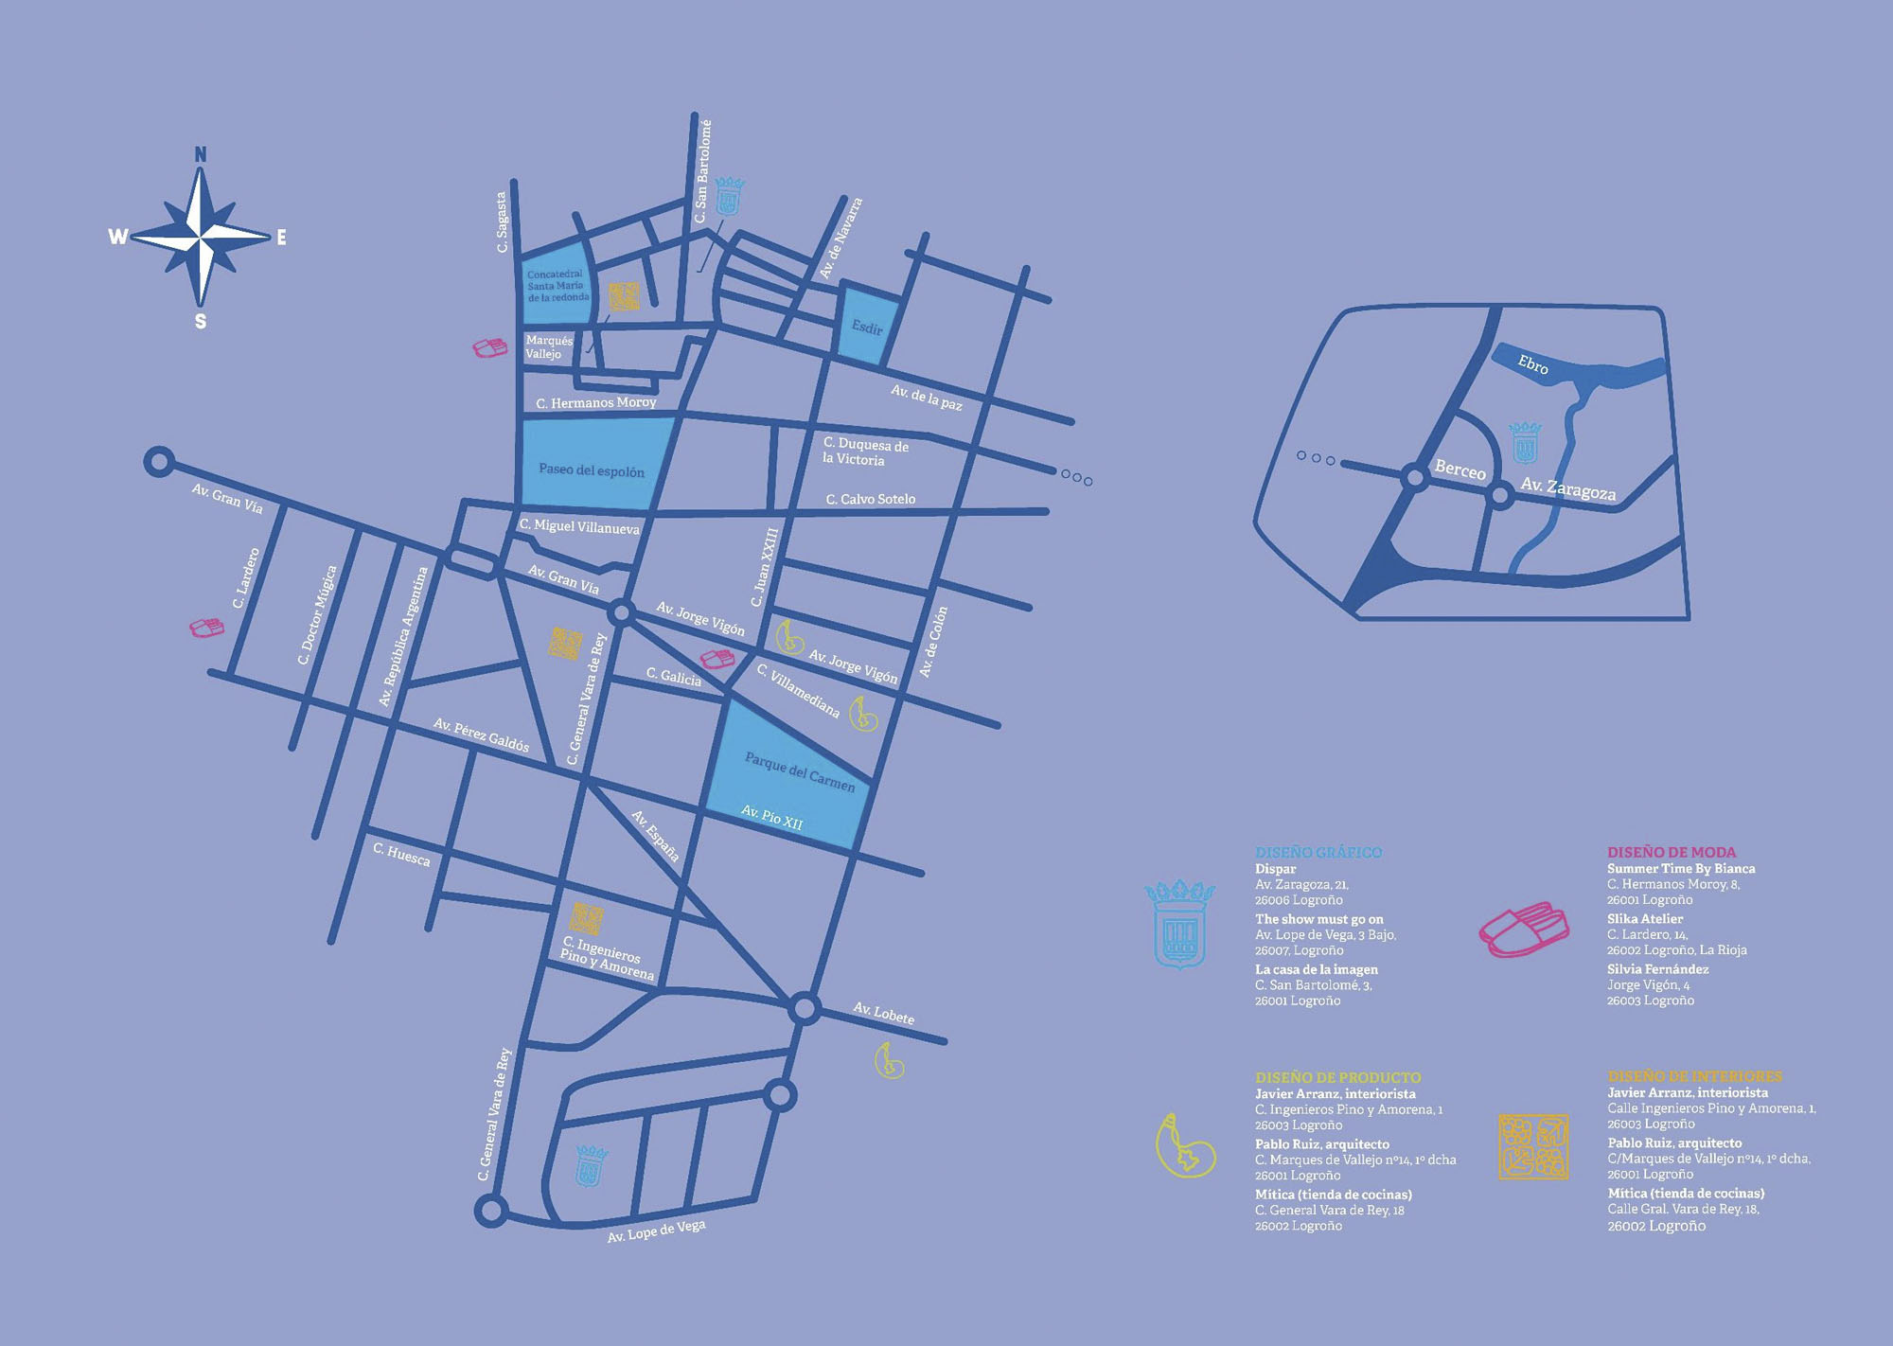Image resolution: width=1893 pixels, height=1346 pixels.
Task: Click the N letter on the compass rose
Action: pos(201,154)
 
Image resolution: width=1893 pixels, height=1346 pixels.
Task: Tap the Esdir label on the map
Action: pos(867,328)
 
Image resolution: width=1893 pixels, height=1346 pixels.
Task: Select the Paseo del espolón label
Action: pos(592,469)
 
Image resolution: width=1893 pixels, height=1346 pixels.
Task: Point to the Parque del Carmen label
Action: pos(800,771)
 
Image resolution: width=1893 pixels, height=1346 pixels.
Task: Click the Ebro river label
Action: pos(1532,364)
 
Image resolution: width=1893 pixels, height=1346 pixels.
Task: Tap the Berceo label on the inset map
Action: pos(1460,469)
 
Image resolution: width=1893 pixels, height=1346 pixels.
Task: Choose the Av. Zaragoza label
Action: pos(1567,488)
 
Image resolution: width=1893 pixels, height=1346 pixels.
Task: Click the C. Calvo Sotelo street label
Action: pos(870,499)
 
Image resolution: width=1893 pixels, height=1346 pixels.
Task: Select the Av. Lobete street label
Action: pos(884,1014)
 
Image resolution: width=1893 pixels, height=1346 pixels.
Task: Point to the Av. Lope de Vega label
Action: pos(656,1231)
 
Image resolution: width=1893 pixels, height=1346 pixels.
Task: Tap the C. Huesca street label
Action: pos(401,854)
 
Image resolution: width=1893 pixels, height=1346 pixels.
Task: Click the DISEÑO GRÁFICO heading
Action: pos(1318,852)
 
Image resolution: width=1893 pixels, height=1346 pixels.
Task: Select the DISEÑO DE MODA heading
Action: pos(1671,852)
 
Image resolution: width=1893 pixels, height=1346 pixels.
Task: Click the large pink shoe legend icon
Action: pos(1524,929)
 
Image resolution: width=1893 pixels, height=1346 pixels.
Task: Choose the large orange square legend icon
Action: pos(1533,1147)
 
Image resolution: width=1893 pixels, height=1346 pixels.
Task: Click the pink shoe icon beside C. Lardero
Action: pos(206,628)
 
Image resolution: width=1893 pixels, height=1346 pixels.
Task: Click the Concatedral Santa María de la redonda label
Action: pos(557,286)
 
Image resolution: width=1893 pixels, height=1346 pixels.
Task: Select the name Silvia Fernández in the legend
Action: pos(1657,969)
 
